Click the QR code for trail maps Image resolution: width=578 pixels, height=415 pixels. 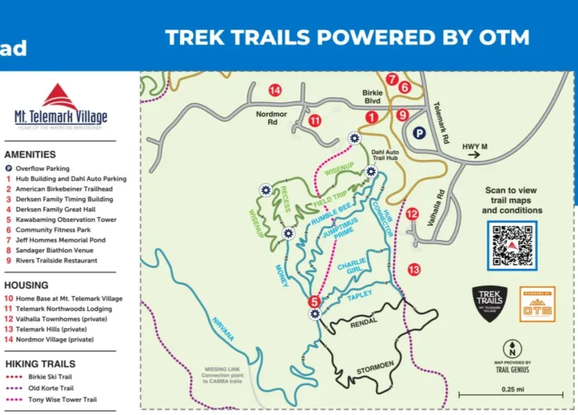[514, 246]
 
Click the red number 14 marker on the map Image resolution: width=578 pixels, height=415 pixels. [275, 90]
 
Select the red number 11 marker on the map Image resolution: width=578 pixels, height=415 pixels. [315, 120]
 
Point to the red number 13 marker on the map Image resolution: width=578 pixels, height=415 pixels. [415, 269]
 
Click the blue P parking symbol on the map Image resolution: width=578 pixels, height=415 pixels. [418, 132]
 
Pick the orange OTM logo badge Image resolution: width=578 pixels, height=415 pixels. [537, 304]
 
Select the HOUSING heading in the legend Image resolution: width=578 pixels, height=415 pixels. [26, 284]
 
